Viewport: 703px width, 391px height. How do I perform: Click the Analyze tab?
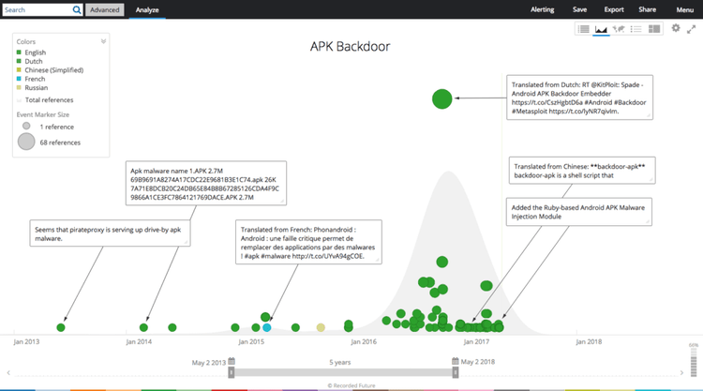[x=145, y=9]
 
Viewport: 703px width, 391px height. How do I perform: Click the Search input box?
[x=37, y=9]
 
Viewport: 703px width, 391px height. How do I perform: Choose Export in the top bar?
[x=614, y=9]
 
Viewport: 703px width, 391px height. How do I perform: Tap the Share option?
[x=647, y=9]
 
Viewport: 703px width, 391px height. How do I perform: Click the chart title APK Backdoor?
[x=350, y=46]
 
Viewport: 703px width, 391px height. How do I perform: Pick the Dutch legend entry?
[x=35, y=61]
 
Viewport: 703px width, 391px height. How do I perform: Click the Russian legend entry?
[x=37, y=87]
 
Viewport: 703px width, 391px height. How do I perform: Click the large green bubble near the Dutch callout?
[x=441, y=98]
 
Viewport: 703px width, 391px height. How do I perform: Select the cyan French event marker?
[x=267, y=327]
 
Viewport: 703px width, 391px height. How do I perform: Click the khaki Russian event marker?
[x=321, y=327]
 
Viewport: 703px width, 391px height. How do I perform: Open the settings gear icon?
[x=676, y=29]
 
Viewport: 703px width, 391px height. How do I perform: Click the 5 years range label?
[x=341, y=361]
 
